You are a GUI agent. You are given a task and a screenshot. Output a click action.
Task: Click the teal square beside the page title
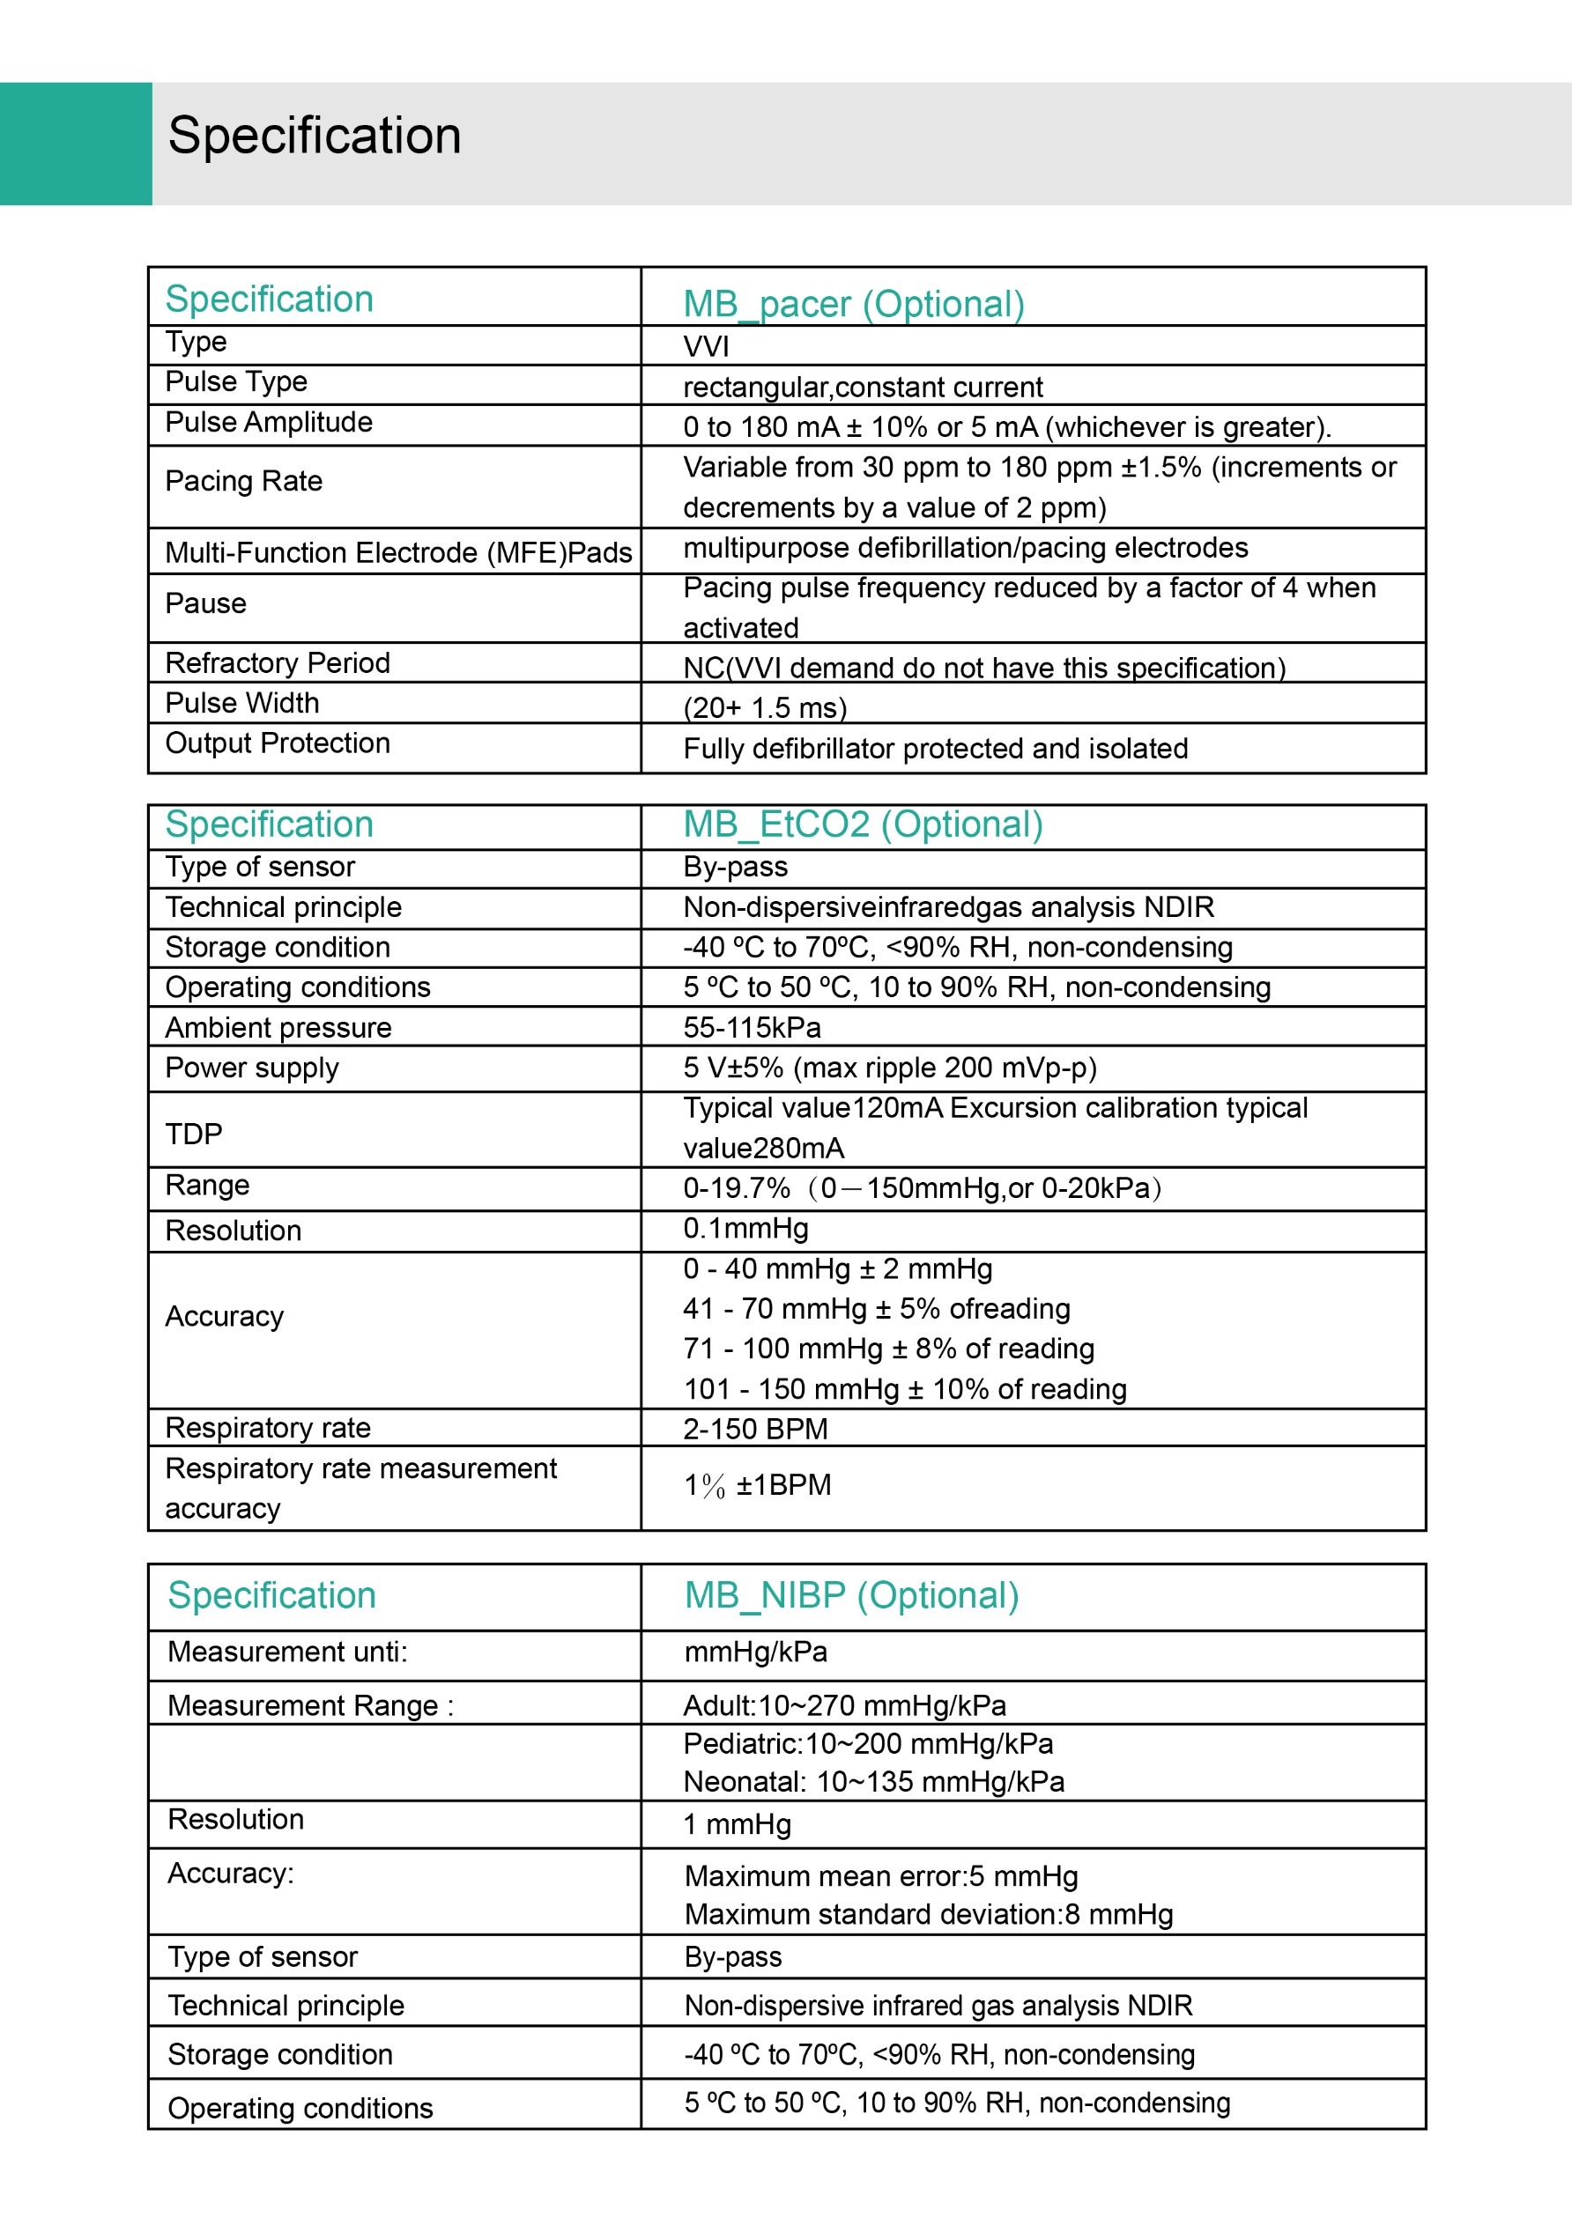(75, 144)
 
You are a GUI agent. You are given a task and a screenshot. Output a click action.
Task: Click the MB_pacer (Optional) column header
(853, 303)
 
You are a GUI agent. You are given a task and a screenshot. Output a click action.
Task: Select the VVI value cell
(706, 346)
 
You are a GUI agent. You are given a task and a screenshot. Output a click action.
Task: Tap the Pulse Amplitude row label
(269, 423)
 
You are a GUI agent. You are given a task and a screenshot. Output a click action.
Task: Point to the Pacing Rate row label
(243, 481)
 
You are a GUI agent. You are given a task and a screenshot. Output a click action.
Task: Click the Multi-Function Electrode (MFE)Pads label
(398, 552)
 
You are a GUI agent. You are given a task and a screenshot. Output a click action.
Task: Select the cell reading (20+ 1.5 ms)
(764, 707)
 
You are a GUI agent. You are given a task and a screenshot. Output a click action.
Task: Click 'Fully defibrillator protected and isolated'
(935, 749)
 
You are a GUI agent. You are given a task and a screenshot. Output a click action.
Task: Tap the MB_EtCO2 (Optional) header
(863, 824)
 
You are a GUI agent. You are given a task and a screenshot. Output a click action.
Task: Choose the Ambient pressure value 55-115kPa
(752, 1027)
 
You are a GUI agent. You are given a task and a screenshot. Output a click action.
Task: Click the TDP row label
(193, 1134)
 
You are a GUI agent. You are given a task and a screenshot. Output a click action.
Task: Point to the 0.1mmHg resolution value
(745, 1228)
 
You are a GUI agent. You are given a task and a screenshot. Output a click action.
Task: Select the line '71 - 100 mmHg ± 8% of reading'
(888, 1349)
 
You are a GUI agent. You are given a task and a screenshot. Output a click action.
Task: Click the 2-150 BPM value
(754, 1430)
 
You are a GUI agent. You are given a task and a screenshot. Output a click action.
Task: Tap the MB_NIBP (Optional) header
(851, 1595)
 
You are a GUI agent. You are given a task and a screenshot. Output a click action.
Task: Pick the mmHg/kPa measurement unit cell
(755, 1652)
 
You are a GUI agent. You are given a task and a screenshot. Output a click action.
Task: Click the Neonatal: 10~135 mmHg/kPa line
(873, 1781)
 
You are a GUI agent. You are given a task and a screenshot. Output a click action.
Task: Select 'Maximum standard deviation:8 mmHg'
(928, 1914)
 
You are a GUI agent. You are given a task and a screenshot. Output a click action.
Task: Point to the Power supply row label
(252, 1068)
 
